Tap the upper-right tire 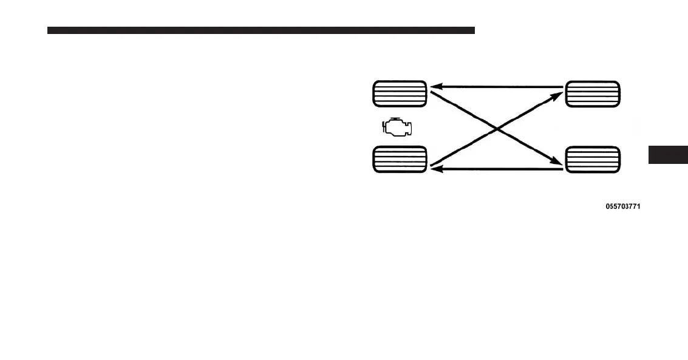pyautogui.click(x=592, y=94)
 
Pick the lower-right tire pyautogui.click(x=592, y=159)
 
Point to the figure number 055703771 pyautogui.click(x=622, y=206)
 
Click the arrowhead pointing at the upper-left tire pyautogui.click(x=435, y=87)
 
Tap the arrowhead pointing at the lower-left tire pyautogui.click(x=435, y=169)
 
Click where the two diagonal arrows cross pyautogui.click(x=497, y=128)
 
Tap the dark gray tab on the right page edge pyautogui.click(x=668, y=155)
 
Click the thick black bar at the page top pyautogui.click(x=261, y=30)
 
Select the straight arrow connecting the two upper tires pyautogui.click(x=498, y=87)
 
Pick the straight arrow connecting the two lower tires pyautogui.click(x=498, y=169)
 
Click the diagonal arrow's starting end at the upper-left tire pyautogui.click(x=433, y=93)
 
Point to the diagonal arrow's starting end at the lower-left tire pyautogui.click(x=432, y=164)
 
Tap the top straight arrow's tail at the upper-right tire pyautogui.click(x=562, y=87)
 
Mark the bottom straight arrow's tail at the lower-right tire pyautogui.click(x=562, y=169)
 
